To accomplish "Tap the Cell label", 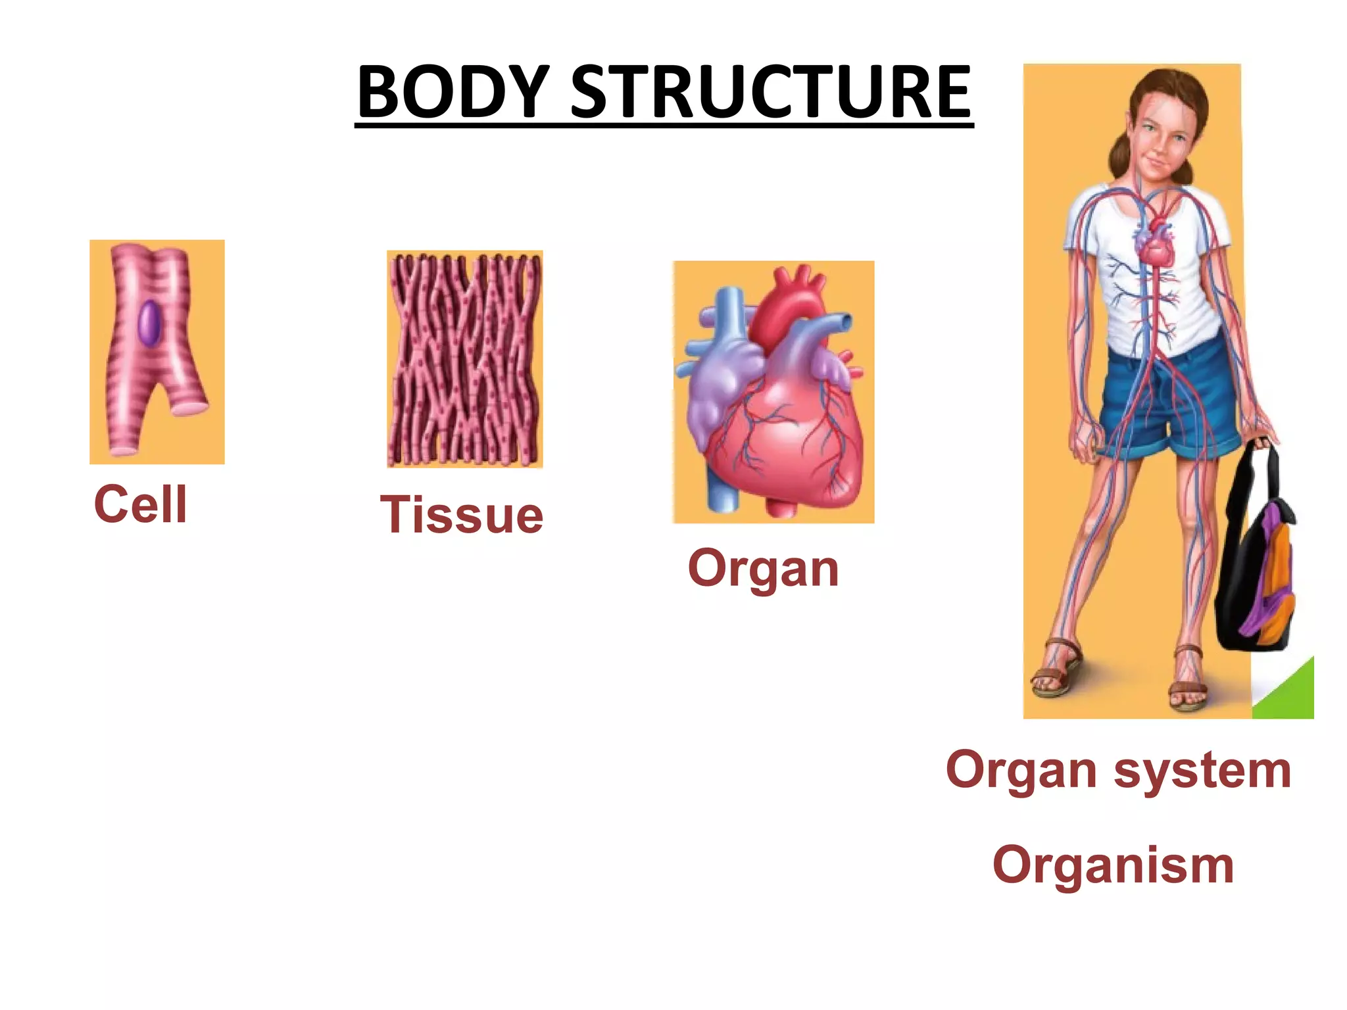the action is tap(141, 504).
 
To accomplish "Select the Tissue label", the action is tap(462, 515).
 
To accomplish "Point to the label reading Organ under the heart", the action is tap(763, 568).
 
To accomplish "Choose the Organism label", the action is tap(1113, 865).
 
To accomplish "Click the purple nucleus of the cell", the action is tap(149, 323).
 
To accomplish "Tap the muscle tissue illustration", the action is tap(465, 359).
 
